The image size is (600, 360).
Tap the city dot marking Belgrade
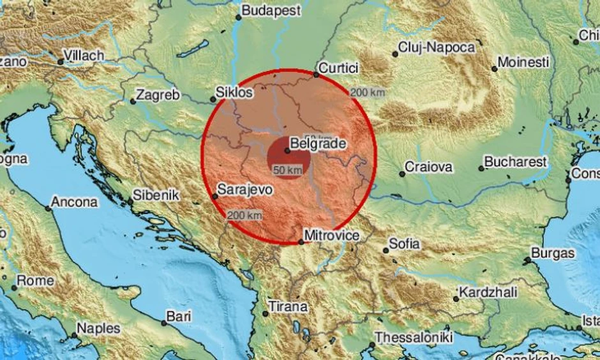point(288,151)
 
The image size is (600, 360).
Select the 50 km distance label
point(287,170)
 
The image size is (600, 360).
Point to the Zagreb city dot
point(133,101)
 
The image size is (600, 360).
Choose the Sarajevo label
point(245,190)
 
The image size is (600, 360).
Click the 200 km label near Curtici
point(368,93)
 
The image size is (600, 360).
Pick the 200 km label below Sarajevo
point(244,216)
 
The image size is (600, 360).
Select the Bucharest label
point(516,162)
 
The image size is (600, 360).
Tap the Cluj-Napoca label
point(437,47)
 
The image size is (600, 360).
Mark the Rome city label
point(35,280)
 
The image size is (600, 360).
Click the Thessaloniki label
point(414,337)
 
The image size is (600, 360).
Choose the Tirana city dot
point(266,313)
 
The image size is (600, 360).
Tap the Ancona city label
point(75,202)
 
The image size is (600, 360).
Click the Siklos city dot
point(213,99)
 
